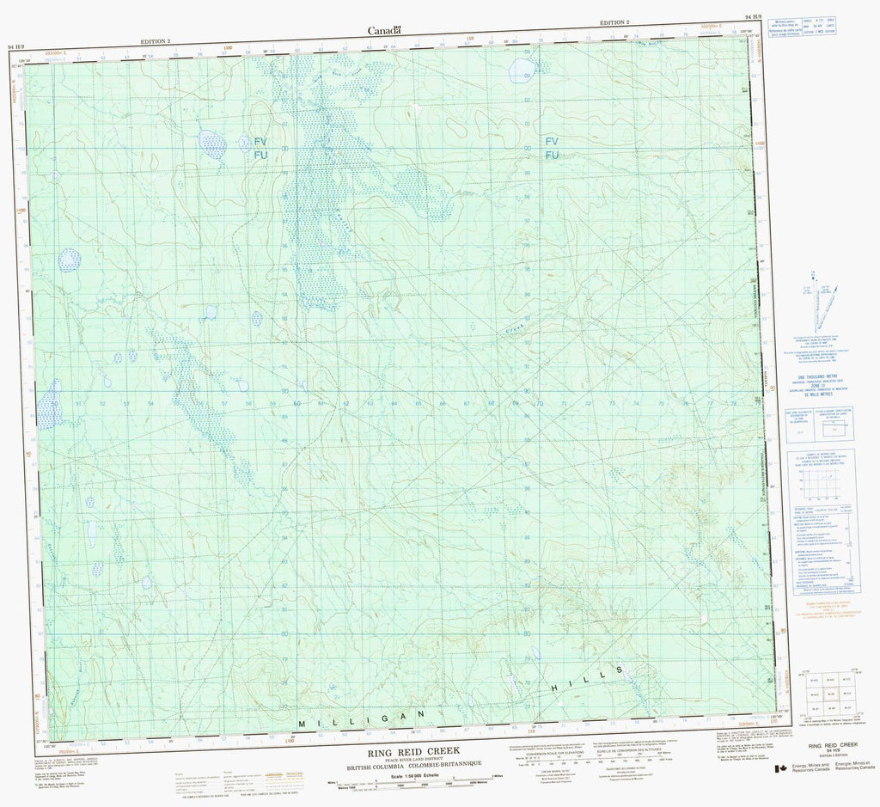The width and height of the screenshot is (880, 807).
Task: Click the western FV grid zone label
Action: coord(260,141)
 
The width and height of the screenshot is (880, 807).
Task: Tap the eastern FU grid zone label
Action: coord(552,155)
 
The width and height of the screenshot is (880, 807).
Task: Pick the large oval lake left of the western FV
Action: coord(212,144)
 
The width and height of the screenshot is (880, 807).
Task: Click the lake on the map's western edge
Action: coord(48,411)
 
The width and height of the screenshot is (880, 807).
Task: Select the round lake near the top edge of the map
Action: coord(522,70)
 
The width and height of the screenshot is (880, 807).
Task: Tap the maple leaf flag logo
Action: coord(779,769)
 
